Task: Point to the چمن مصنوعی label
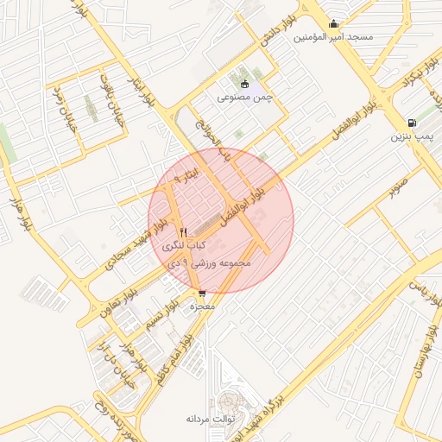[244, 98]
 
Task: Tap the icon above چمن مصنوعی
[244, 84]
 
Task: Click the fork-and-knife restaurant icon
[183, 232]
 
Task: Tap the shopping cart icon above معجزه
[202, 294]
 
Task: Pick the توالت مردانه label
[205, 419]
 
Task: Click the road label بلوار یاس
[422, 291]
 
